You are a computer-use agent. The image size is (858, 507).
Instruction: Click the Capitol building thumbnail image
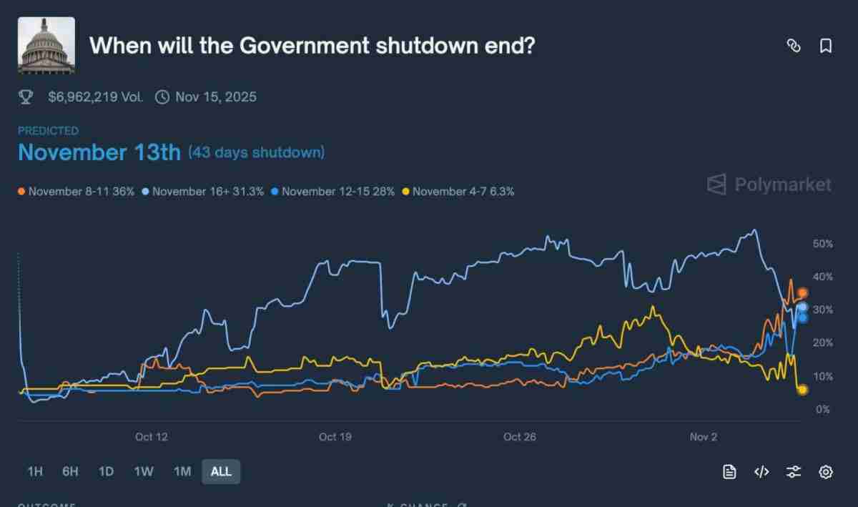(x=46, y=46)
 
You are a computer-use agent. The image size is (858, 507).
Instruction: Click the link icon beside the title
(x=793, y=46)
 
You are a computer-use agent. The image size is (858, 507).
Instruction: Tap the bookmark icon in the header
(x=826, y=46)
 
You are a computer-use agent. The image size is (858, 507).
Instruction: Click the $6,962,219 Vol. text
(x=95, y=97)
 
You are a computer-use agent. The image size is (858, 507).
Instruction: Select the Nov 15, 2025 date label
(x=215, y=97)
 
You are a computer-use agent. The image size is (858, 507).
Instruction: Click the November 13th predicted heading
(x=99, y=152)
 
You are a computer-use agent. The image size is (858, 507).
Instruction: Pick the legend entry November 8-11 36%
(x=77, y=192)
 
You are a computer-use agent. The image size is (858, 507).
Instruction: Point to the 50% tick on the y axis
(x=822, y=244)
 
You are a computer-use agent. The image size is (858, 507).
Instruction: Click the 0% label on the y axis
(x=822, y=410)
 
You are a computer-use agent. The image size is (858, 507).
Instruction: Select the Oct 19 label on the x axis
(x=335, y=437)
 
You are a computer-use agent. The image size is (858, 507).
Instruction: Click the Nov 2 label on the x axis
(x=704, y=437)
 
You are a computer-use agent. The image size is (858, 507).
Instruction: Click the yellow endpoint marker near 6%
(x=802, y=390)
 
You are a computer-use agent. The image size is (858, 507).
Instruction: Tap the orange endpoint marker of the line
(x=803, y=293)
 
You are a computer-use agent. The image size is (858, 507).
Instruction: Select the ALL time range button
(x=221, y=472)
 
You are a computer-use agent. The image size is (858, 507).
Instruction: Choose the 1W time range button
(x=144, y=472)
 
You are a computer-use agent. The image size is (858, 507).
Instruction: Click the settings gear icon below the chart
(x=826, y=472)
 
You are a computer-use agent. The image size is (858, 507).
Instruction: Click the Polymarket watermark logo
(x=769, y=185)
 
